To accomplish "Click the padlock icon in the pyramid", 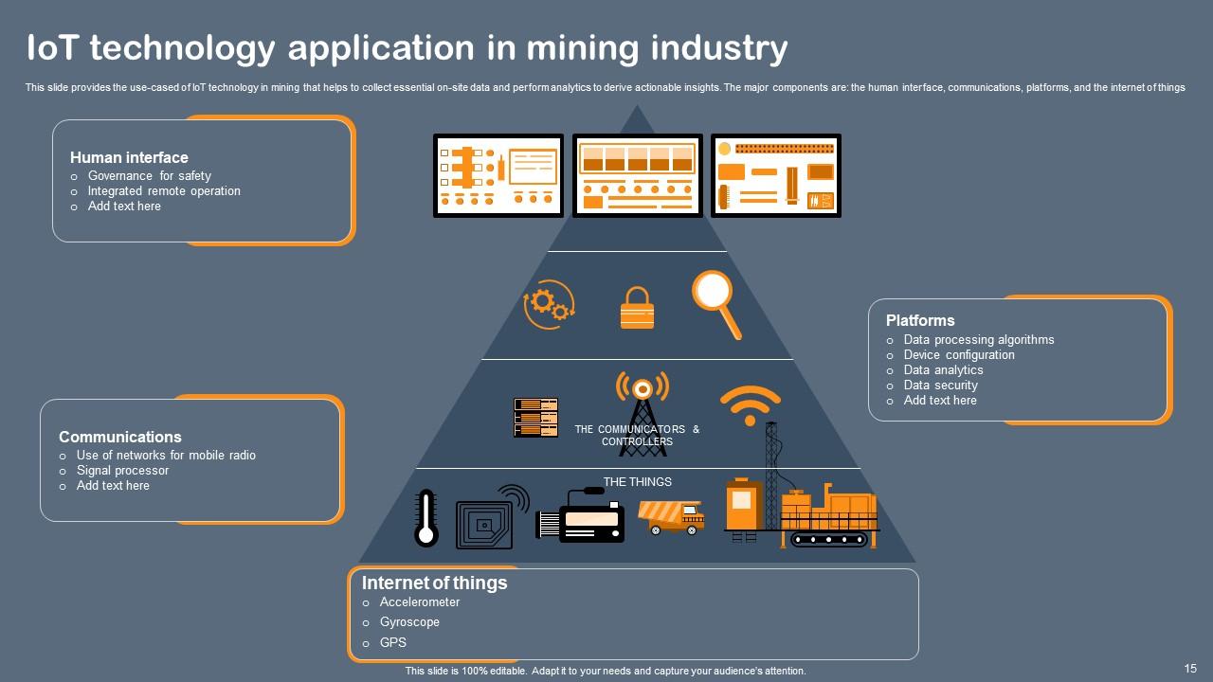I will click(x=637, y=309).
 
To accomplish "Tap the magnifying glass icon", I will click(x=715, y=301).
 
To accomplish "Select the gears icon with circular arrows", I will click(x=549, y=304).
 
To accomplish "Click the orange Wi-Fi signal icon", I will click(x=750, y=404).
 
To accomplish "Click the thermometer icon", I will click(x=426, y=518).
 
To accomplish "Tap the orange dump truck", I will click(x=671, y=517).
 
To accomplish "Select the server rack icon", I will click(x=535, y=418).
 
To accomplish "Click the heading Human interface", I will click(x=129, y=157).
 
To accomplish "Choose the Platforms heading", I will click(x=920, y=320).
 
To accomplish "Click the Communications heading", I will click(x=119, y=437).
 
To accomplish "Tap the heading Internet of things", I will click(x=434, y=583).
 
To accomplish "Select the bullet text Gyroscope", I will click(x=409, y=622).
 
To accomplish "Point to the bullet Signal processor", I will click(x=122, y=471).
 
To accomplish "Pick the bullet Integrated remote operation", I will click(x=164, y=191).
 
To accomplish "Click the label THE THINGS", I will click(x=637, y=482).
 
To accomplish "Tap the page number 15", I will click(x=1190, y=668).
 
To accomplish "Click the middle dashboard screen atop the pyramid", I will click(x=637, y=175).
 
